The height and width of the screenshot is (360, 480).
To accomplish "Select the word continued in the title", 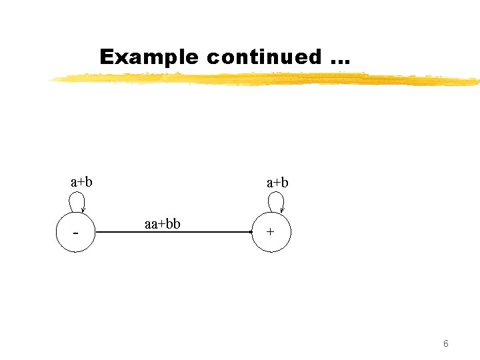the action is pyautogui.click(x=263, y=57).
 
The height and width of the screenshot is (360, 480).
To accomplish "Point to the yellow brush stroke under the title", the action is pyautogui.click(x=267, y=80).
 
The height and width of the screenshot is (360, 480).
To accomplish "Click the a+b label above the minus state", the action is pyautogui.click(x=81, y=181).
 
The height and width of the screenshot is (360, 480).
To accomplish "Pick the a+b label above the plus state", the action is pyautogui.click(x=277, y=182).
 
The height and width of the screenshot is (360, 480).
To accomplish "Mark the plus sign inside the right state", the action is pyautogui.click(x=270, y=233).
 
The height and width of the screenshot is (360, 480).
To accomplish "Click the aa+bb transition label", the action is pyautogui.click(x=162, y=223).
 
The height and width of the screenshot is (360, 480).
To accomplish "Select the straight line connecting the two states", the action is pyautogui.click(x=173, y=232).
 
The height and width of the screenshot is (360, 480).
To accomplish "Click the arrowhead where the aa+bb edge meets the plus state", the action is pyautogui.click(x=251, y=232).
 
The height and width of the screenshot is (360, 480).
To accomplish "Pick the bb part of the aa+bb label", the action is pyautogui.click(x=173, y=223).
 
